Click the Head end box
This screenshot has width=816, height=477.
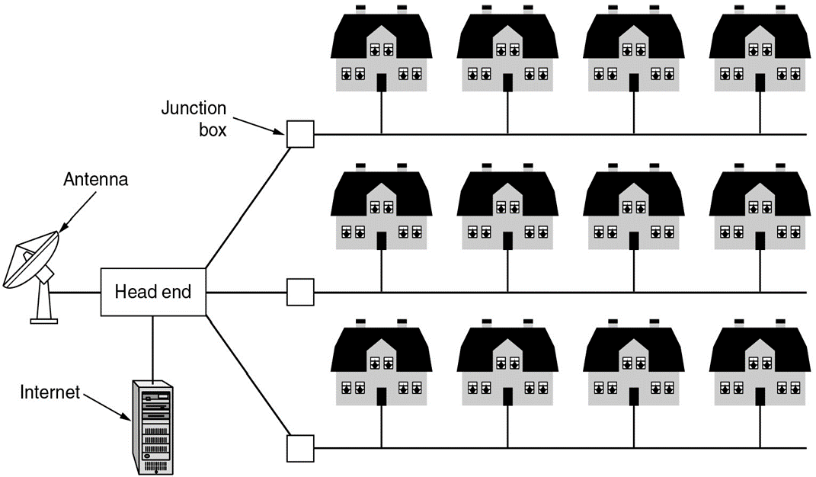point(153,292)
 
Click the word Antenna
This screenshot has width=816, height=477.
point(95,180)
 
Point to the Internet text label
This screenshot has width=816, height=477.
point(50,393)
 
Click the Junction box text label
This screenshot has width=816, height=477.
point(194,118)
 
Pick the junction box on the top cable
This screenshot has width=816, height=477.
point(300,135)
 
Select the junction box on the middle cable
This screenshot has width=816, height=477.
point(300,292)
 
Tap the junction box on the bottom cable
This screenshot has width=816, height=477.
point(300,448)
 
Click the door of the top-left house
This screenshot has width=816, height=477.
point(381,82)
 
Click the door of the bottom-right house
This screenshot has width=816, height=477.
point(759,396)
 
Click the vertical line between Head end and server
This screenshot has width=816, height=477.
point(153,347)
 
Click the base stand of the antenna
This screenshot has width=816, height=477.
point(44,309)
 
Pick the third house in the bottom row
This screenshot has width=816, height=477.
point(633,366)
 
